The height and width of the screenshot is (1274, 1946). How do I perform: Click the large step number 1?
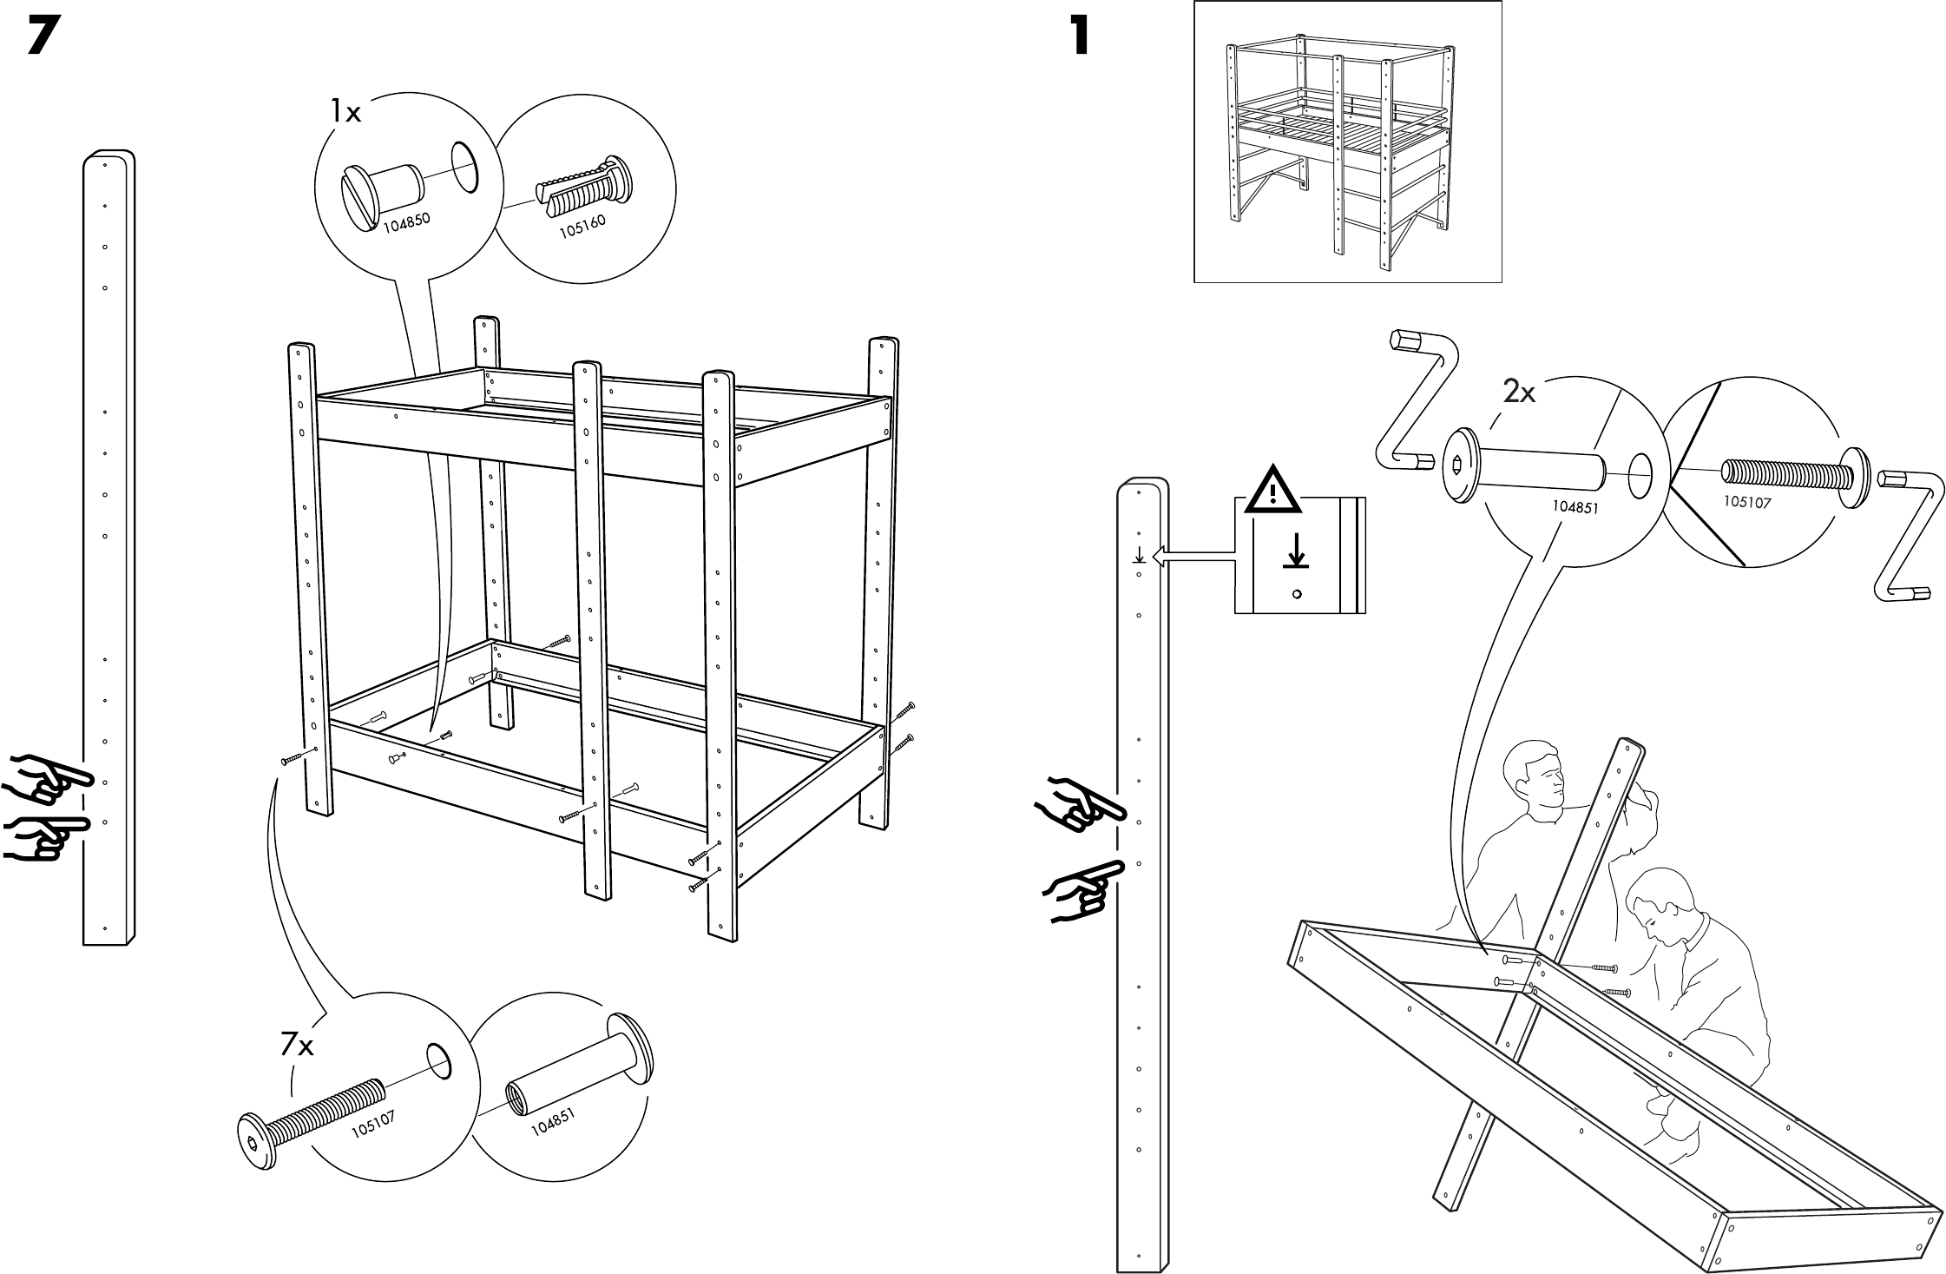click(x=1079, y=36)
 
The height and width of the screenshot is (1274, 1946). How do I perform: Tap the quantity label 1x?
click(x=345, y=112)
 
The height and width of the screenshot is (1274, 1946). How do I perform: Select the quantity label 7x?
click(x=297, y=1046)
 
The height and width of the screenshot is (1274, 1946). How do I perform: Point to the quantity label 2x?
click(x=1519, y=393)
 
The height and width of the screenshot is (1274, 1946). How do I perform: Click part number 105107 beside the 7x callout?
click(x=374, y=1125)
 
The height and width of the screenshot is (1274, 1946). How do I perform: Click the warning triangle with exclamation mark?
click(x=1272, y=492)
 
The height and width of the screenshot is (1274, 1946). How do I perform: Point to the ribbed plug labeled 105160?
click(x=582, y=189)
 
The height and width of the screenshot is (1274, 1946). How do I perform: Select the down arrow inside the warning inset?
click(x=1297, y=552)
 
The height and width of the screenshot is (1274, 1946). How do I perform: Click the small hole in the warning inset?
click(x=1297, y=594)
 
